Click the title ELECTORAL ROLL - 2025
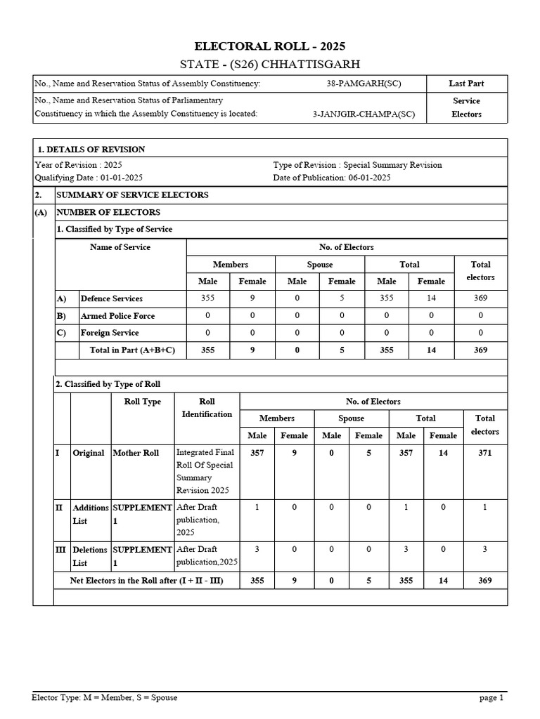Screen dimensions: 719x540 point(270,46)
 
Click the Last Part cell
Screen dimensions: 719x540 point(466,84)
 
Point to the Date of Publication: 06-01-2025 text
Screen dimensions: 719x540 point(332,178)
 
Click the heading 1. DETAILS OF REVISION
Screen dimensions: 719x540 point(91,149)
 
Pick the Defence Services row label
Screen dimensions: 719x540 point(111,298)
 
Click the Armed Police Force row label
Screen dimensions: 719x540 point(117,316)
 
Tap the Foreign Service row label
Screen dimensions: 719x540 point(110,333)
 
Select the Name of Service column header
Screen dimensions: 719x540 point(120,247)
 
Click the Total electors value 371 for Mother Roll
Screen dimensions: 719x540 point(484,453)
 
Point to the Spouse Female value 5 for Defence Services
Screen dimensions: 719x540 point(342,298)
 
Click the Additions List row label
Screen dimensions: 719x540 point(90,514)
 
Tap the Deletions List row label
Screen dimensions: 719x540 point(90,556)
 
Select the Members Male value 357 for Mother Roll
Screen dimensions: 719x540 point(257,453)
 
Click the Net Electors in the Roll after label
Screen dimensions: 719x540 point(147,581)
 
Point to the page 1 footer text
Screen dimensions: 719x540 point(491,698)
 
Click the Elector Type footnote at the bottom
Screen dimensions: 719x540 point(105,698)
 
